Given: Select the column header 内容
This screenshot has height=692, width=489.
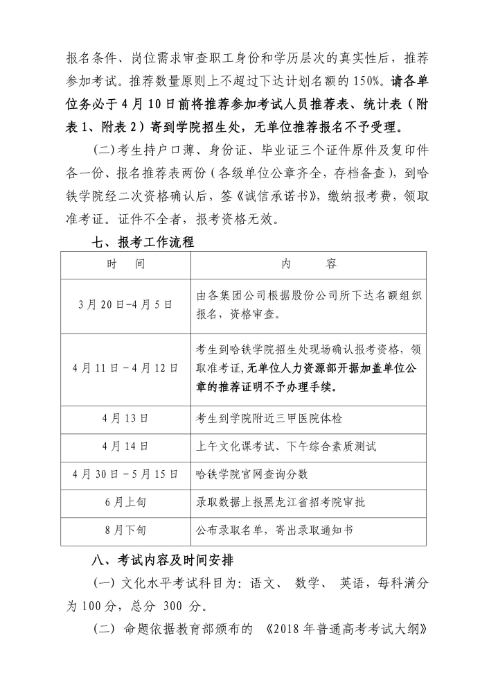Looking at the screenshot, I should tap(309, 265).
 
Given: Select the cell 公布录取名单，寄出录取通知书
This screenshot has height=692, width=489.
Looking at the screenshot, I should tap(275, 530).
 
